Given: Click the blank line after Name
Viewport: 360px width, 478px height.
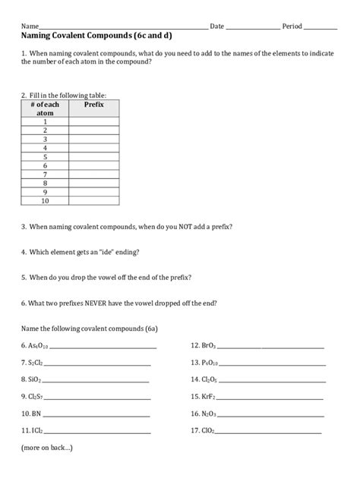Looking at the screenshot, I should pyautogui.click(x=122, y=27).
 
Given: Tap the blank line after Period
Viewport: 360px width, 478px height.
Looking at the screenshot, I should pyautogui.click(x=320, y=27).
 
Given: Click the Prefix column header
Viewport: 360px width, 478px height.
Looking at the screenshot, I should pyautogui.click(x=94, y=103).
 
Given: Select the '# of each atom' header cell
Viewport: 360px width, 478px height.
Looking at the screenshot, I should pyautogui.click(x=46, y=108).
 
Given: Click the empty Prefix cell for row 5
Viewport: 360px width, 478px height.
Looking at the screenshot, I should pyautogui.click(x=94, y=156).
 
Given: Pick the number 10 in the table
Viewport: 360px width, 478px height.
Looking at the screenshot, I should pyautogui.click(x=46, y=201).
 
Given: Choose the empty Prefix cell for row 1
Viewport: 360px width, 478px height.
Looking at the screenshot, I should pyautogui.click(x=94, y=121).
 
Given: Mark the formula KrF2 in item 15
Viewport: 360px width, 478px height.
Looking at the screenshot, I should pyautogui.click(x=209, y=397).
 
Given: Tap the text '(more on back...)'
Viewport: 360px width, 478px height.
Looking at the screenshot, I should pyautogui.click(x=47, y=448).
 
